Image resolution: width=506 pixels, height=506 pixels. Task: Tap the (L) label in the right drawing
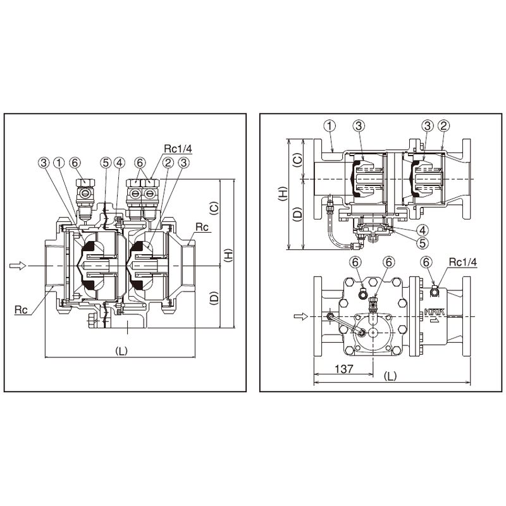pyautogui.click(x=391, y=375)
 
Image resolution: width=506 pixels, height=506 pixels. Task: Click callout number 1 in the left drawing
pyautogui.click(x=58, y=163)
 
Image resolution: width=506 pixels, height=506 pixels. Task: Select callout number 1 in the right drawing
pyautogui.click(x=330, y=125)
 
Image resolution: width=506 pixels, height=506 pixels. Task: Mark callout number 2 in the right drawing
pyautogui.click(x=444, y=125)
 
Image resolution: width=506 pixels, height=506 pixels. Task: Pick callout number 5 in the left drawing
pyautogui.click(x=105, y=163)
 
